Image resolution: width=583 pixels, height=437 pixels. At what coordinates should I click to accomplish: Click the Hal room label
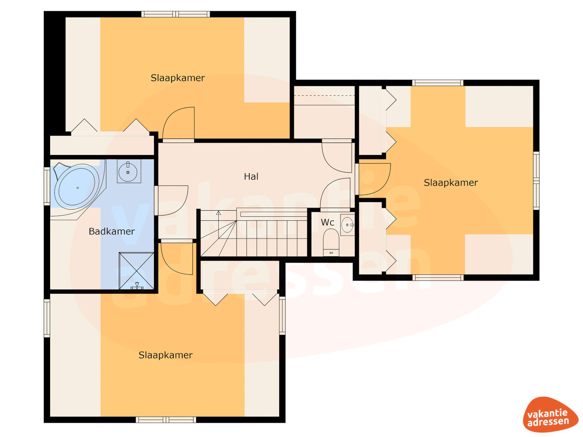251,176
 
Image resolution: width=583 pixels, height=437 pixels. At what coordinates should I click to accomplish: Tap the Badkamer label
111,231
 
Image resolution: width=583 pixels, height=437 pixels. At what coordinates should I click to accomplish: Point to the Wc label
327,222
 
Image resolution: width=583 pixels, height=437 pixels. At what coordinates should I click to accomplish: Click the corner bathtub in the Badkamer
78,188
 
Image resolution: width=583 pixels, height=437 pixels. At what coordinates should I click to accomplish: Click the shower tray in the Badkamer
136,270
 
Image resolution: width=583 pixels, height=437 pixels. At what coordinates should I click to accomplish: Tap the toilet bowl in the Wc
331,242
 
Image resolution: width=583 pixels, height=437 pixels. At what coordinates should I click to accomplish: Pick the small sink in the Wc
347,225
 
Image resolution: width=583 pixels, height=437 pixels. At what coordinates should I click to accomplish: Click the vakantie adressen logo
550,415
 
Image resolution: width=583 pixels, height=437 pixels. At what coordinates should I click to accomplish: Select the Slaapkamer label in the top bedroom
178,78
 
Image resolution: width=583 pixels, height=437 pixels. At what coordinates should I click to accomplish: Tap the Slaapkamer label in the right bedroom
451,183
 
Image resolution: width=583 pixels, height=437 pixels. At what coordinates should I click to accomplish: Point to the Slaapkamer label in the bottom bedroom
165,355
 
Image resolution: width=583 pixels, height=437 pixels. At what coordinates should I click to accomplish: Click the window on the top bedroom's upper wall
176,14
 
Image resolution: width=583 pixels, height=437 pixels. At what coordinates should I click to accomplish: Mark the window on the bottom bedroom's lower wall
166,420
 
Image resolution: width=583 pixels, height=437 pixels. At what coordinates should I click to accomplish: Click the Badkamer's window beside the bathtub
47,186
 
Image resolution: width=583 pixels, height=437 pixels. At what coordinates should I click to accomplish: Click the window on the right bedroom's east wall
536,181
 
